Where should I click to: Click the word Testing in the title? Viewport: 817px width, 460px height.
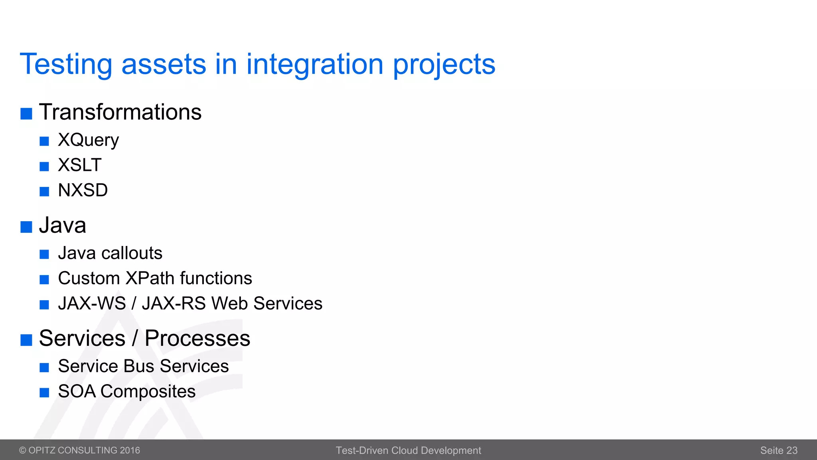pos(66,65)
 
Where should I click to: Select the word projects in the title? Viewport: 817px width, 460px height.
pos(444,65)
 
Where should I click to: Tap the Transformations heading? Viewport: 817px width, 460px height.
pos(120,112)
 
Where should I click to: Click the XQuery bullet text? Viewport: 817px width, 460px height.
pos(88,140)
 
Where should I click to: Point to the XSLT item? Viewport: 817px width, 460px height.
pos(80,165)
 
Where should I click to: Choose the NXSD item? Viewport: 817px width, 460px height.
pos(83,190)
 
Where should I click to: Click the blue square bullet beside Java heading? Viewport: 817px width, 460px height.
pos(26,227)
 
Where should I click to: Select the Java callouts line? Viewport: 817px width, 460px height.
pos(110,253)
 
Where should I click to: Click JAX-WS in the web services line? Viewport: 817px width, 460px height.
pos(92,303)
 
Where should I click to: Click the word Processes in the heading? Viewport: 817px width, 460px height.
pos(197,339)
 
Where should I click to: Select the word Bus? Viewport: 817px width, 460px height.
pos(139,366)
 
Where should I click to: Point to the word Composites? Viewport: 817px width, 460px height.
pos(148,392)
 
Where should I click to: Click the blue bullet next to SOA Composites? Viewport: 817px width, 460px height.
pos(44,393)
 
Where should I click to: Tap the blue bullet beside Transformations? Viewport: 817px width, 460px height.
pos(26,114)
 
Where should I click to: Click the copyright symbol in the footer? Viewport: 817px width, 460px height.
pos(23,450)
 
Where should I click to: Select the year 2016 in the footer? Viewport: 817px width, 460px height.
pos(130,450)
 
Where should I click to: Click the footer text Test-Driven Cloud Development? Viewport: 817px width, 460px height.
pos(408,450)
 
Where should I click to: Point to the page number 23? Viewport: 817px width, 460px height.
pos(791,450)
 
